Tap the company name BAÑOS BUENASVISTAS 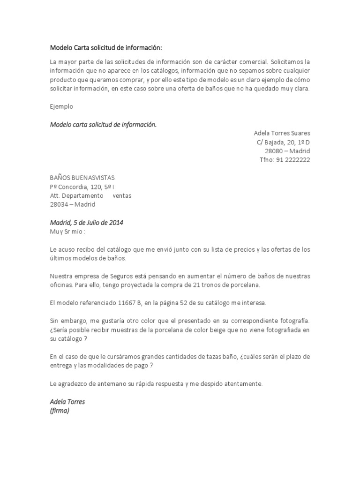click(x=82, y=178)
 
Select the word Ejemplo click(x=61, y=106)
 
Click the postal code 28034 click(x=59, y=204)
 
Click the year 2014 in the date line click(x=116, y=223)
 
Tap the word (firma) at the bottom click(x=60, y=411)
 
